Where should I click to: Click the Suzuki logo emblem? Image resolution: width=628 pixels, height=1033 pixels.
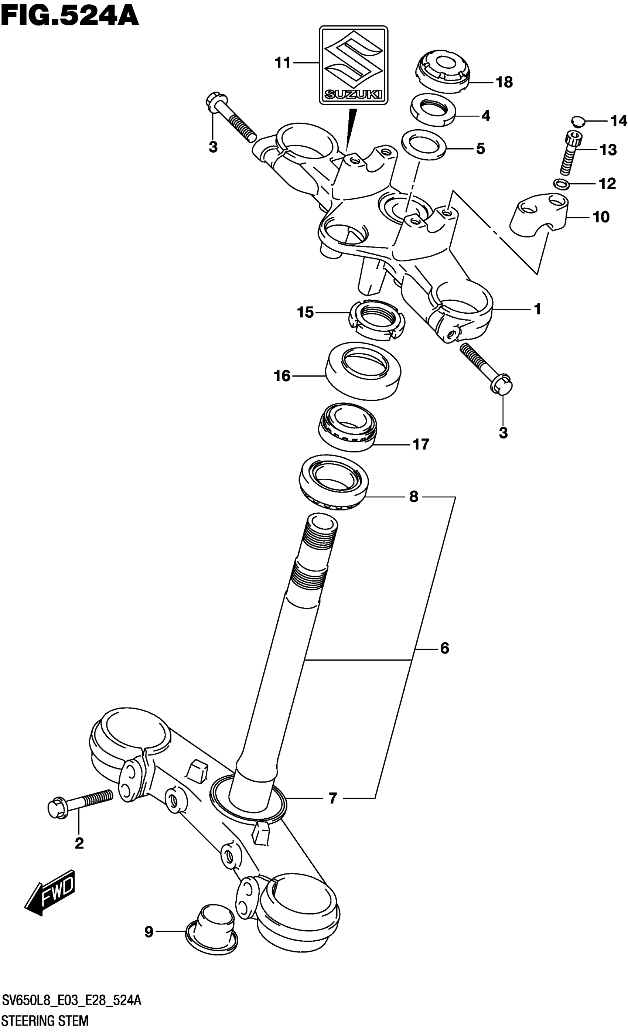tap(354, 65)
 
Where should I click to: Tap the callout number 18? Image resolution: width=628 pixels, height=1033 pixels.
tap(504, 82)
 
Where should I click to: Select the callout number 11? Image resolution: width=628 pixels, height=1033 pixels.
tap(283, 63)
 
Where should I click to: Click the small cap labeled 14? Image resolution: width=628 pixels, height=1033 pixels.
tap(577, 121)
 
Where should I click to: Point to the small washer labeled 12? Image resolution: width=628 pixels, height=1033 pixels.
tap(561, 183)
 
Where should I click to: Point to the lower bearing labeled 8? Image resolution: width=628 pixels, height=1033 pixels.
tap(334, 483)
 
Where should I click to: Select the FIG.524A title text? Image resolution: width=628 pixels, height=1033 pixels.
tap(69, 16)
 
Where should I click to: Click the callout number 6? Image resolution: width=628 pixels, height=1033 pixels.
tap(444, 648)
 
